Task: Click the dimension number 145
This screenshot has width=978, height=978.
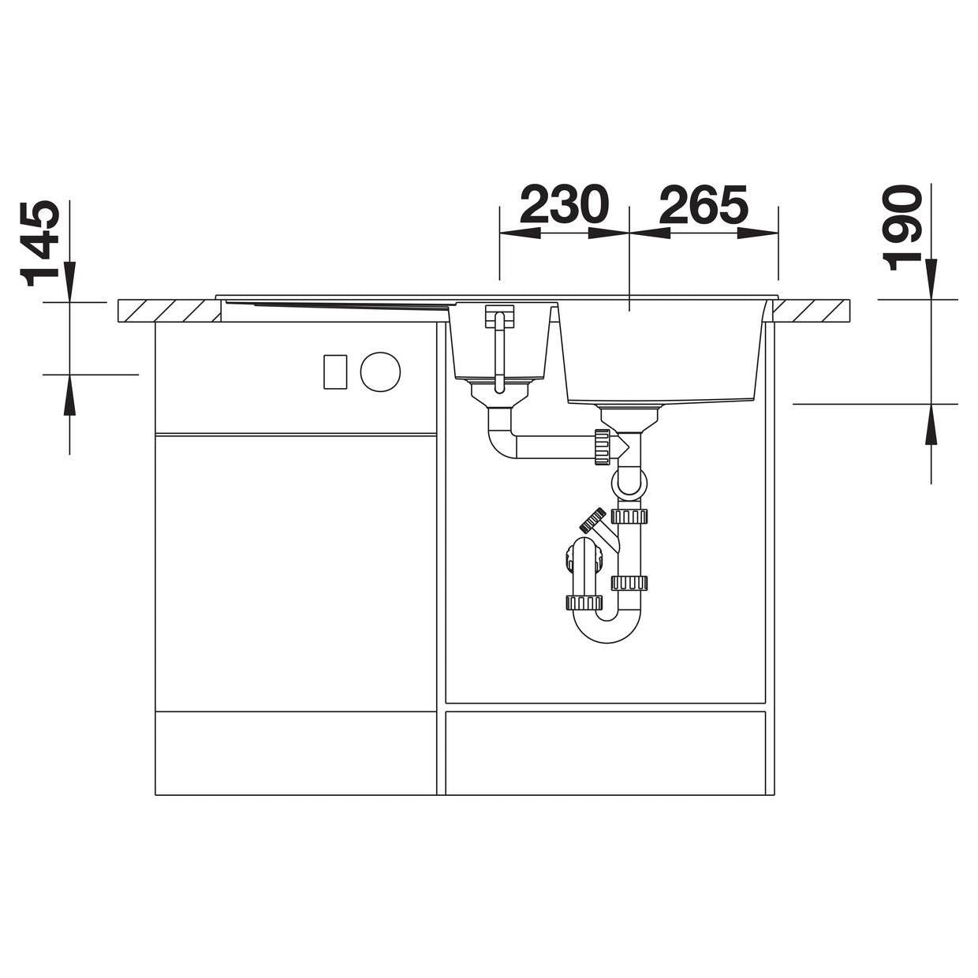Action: [x=39, y=243]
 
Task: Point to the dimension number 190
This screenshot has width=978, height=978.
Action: [x=901, y=230]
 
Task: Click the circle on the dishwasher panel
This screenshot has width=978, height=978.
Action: [x=380, y=371]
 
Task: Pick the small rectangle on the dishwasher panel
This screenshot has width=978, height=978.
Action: [x=335, y=371]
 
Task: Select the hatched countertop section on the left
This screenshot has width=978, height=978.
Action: [x=170, y=311]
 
